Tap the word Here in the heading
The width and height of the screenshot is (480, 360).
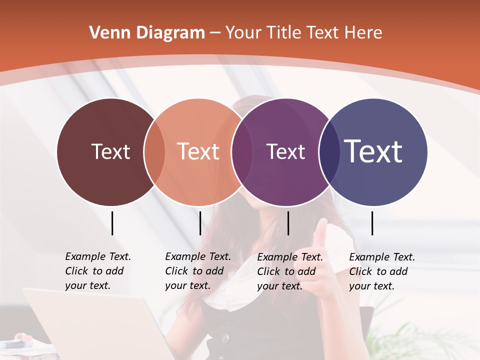364,33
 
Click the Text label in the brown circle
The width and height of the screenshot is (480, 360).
110,151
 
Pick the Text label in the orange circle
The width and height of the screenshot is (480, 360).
198,151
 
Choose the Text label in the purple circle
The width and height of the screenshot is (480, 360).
285,151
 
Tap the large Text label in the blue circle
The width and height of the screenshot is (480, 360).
373,151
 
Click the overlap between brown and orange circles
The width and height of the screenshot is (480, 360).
154,152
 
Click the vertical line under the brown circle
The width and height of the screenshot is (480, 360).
112,223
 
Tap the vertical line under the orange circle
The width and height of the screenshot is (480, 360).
200,223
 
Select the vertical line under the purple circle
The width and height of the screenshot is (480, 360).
288,223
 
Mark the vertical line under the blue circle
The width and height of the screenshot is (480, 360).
372,223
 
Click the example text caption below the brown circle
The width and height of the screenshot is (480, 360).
98,271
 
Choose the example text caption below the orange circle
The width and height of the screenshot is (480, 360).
198,271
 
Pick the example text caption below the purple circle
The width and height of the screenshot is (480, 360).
290,271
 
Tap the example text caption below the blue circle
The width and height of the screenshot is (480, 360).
382,271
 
